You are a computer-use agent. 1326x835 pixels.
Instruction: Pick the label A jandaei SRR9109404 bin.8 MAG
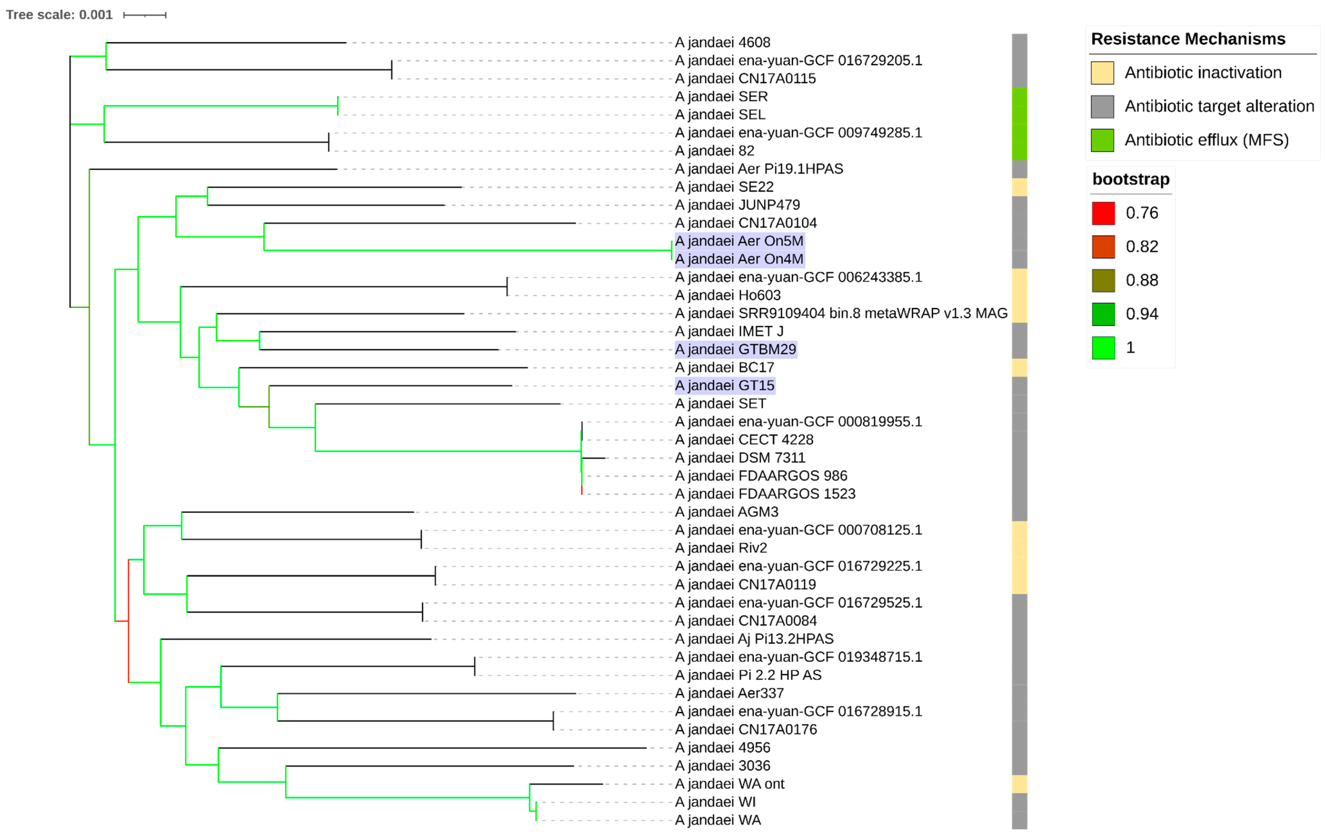click(x=841, y=313)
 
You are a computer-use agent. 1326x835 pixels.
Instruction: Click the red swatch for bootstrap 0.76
click(x=1103, y=213)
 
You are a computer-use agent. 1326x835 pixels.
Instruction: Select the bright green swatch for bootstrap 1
click(x=1103, y=348)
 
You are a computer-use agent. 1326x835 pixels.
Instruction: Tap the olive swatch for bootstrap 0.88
click(x=1103, y=280)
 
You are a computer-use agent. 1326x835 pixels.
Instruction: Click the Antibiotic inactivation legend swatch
click(x=1102, y=73)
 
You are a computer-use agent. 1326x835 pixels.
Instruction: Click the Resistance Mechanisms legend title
click(x=1188, y=39)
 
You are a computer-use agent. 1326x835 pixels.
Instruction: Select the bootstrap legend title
click(x=1131, y=179)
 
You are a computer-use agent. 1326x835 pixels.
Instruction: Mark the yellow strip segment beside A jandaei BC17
click(x=1019, y=367)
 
